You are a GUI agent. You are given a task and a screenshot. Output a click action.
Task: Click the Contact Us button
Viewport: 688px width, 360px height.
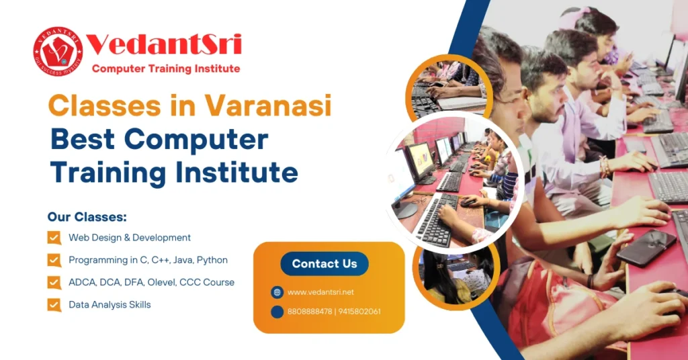325,264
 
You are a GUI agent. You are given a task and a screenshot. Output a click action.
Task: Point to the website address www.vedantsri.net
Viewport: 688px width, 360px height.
320,292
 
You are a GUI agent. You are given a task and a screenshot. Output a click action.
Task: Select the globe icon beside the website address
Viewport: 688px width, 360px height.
277,292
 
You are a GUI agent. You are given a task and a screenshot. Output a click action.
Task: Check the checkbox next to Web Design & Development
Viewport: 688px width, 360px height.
54,238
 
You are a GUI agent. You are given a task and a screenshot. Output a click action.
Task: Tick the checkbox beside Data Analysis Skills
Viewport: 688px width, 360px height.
54,305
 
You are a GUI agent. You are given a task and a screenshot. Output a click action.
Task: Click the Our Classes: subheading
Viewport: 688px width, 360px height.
87,218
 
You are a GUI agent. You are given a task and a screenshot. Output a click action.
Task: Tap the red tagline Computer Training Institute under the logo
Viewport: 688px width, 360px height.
166,69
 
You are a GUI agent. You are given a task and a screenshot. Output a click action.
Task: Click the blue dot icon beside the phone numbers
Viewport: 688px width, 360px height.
277,312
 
